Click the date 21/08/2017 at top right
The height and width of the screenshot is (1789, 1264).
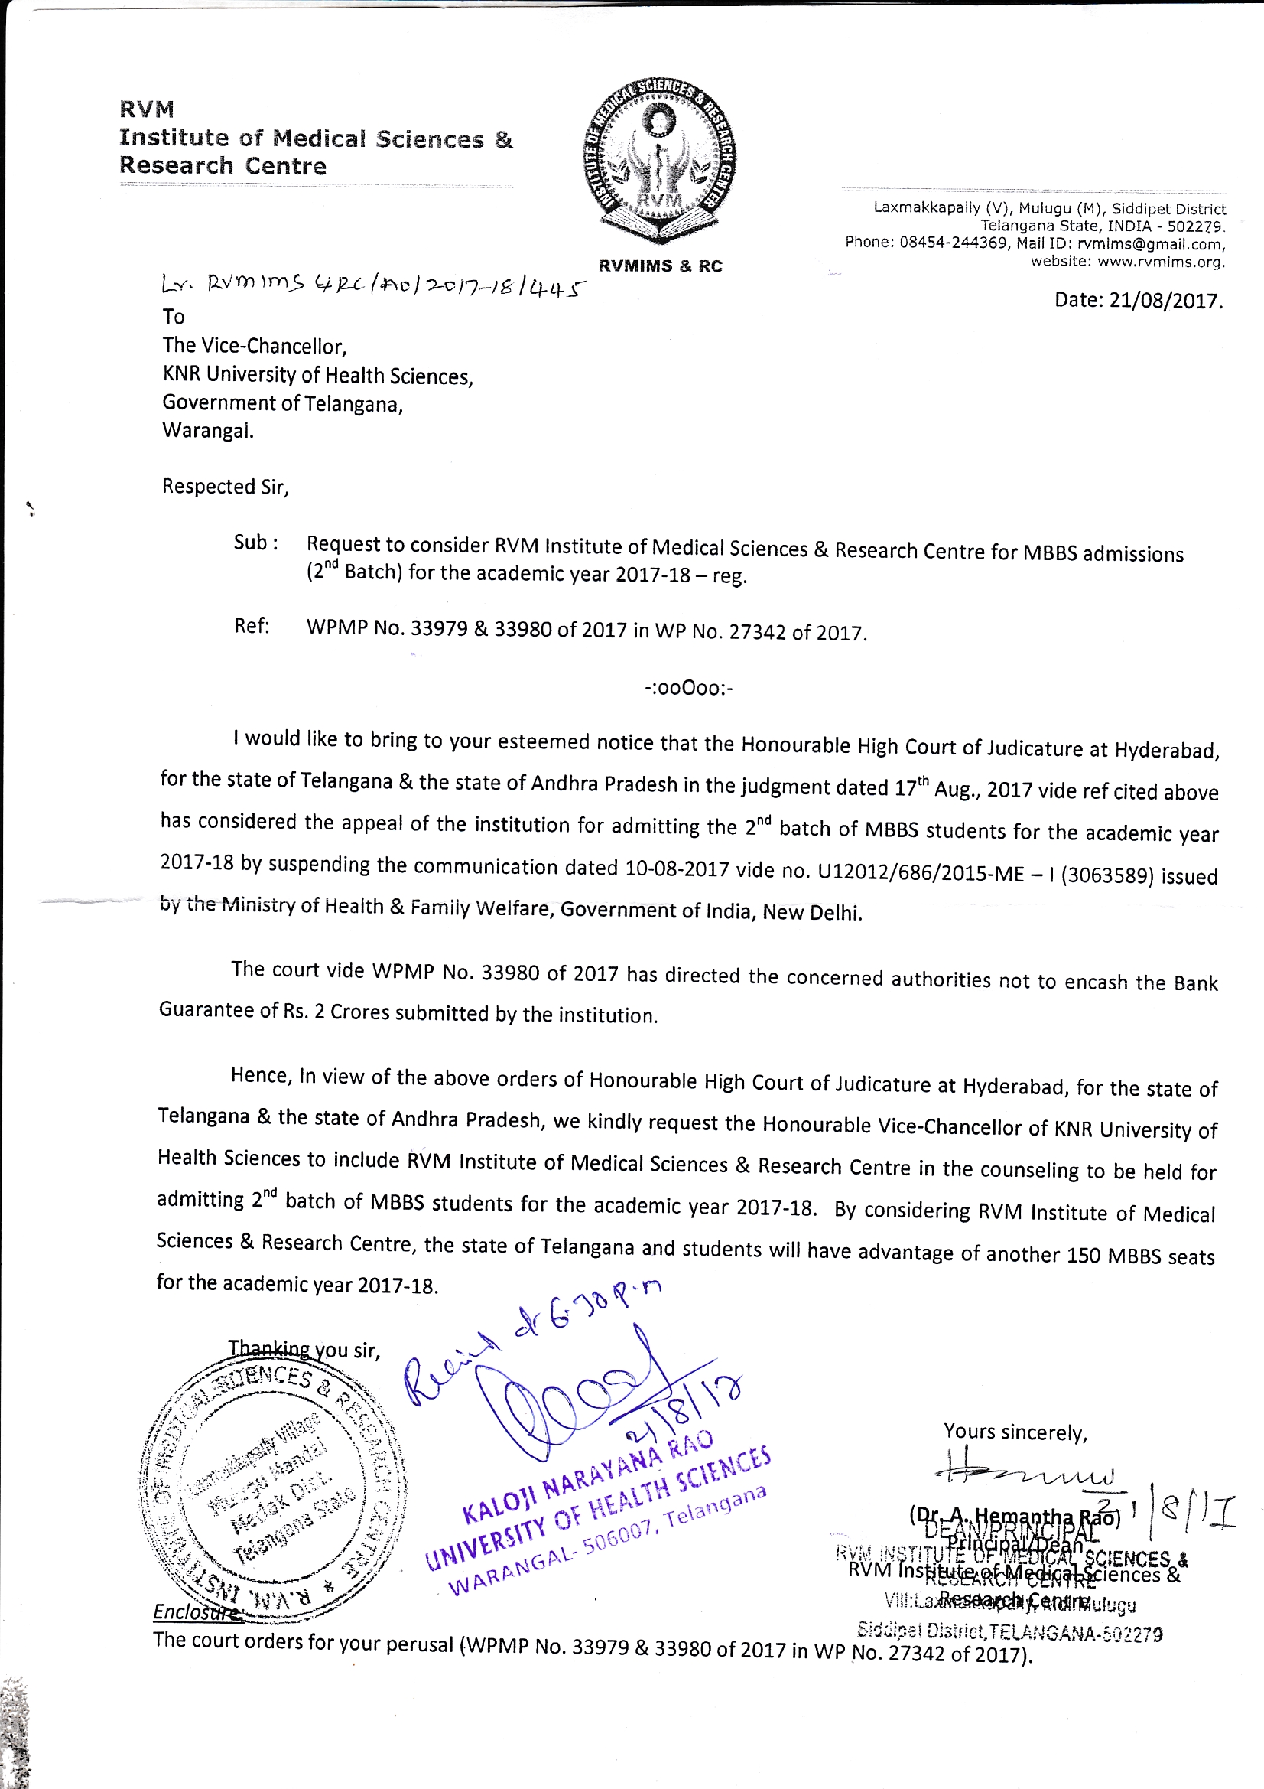coord(1138,301)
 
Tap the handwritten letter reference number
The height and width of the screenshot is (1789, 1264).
coord(372,286)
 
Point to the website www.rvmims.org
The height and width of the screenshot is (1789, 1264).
coord(1161,262)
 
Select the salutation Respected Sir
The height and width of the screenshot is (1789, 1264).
coord(225,487)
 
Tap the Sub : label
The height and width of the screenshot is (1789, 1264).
coord(255,543)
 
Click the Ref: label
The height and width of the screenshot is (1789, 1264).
coord(252,626)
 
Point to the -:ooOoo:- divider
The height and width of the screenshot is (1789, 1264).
coord(688,688)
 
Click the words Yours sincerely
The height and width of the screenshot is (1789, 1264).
coord(1015,1432)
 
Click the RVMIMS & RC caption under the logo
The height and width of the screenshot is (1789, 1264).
coord(660,266)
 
